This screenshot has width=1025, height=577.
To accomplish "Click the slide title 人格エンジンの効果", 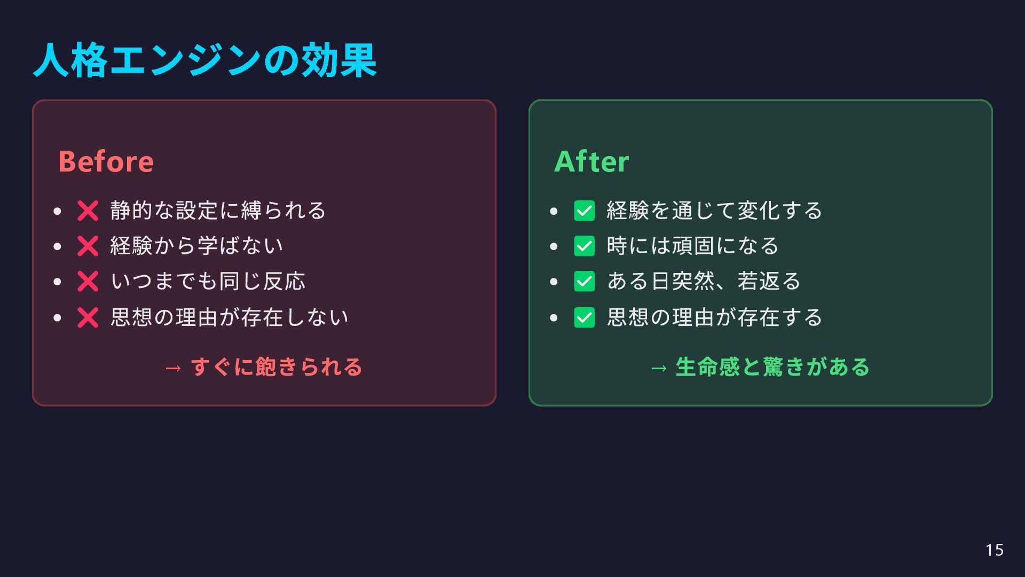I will (205, 60).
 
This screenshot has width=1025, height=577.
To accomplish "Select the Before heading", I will (106, 161).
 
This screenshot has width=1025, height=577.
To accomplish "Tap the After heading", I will (592, 161).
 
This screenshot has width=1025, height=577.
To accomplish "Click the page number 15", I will (994, 550).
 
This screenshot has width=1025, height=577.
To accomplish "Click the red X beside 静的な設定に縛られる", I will (88, 211).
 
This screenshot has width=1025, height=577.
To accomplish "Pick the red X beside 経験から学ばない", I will (88, 246).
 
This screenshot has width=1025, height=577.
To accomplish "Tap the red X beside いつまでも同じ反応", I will (88, 282).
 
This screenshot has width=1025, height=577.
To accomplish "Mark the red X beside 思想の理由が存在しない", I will (88, 318).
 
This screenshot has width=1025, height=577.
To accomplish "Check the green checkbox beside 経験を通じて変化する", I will (584, 211).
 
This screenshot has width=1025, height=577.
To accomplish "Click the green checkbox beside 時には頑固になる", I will (584, 246).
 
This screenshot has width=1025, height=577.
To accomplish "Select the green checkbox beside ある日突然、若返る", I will (584, 282).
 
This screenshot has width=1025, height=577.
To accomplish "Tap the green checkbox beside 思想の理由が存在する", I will (584, 318).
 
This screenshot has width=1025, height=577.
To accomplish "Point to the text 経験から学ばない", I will (196, 246).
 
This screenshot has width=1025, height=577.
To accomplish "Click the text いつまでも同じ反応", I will (208, 282).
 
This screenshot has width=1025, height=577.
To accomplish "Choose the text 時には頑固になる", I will (692, 246).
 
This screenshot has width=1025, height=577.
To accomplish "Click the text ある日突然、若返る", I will (704, 282).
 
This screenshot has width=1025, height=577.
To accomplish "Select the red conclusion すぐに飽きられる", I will (277, 367).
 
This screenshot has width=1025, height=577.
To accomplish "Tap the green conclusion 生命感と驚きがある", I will (772, 367).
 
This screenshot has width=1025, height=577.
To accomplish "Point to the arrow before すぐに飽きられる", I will (173, 368).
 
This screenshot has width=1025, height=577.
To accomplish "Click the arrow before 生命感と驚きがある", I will (659, 368).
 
